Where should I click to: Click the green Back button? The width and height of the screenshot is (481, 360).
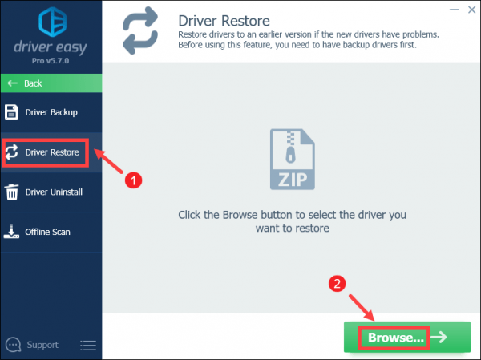[x=51, y=83]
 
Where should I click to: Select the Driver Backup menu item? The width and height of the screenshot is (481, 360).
[x=51, y=112]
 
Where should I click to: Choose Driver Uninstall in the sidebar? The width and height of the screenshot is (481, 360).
[x=51, y=192]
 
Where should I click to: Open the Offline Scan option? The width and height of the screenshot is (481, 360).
[x=51, y=232]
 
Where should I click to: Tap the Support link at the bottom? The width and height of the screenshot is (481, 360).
[x=42, y=345]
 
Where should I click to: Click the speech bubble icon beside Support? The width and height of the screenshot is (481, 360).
[x=14, y=345]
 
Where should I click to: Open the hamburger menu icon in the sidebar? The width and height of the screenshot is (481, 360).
[x=88, y=346]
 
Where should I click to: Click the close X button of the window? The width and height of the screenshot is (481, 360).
[x=472, y=10]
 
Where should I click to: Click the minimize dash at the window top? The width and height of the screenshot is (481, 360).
[x=455, y=10]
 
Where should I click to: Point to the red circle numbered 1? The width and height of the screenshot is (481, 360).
[x=133, y=180]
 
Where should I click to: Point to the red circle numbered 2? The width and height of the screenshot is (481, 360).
[x=338, y=284]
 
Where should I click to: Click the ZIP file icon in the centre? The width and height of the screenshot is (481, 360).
[x=293, y=159]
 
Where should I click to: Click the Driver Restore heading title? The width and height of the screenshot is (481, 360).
[x=224, y=21]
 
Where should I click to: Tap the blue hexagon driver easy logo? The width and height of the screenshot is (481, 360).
[x=52, y=22]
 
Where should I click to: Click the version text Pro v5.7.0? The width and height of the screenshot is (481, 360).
[x=51, y=61]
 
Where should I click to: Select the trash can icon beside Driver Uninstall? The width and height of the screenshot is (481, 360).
[x=12, y=192]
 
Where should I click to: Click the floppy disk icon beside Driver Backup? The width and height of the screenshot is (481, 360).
[x=12, y=112]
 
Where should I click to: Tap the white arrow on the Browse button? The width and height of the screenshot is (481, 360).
[x=439, y=337]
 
